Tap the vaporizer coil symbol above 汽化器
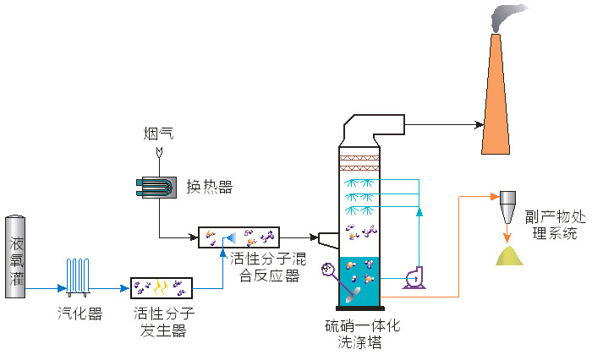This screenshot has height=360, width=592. pyautogui.click(x=79, y=276)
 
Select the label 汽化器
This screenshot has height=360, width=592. pyautogui.click(x=79, y=314)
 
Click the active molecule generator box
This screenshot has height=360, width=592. pyautogui.click(x=162, y=290)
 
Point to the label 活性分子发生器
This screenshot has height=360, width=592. pyautogui.click(x=163, y=322)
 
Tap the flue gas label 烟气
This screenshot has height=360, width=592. pyautogui.click(x=158, y=134)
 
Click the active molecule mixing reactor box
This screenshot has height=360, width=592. pyautogui.click(x=239, y=237)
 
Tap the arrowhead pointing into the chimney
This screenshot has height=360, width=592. pyautogui.click(x=479, y=124)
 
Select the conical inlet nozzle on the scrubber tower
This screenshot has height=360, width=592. pyautogui.click(x=326, y=238)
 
